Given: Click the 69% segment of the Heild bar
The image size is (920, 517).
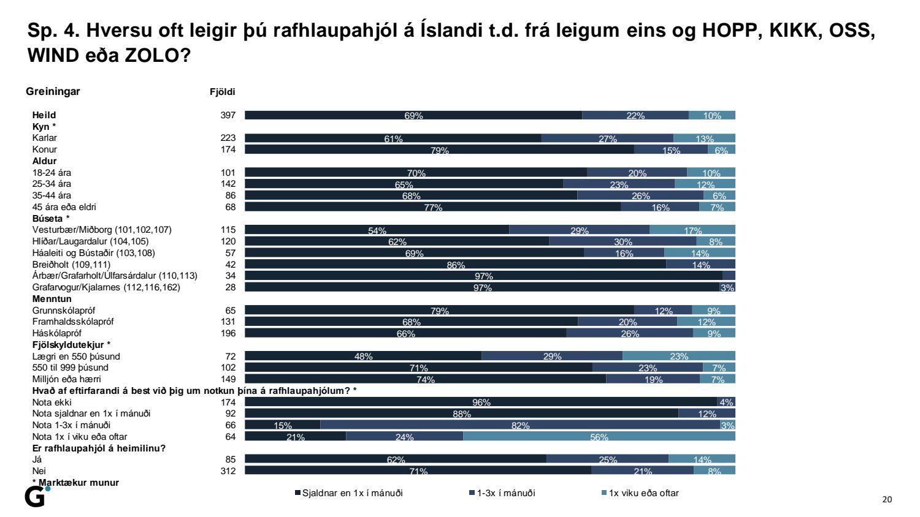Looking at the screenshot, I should pyautogui.click(x=413, y=115).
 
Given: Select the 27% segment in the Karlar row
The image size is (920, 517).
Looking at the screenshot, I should pyautogui.click(x=607, y=138).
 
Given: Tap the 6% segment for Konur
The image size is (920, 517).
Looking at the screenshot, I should pyautogui.click(x=721, y=149).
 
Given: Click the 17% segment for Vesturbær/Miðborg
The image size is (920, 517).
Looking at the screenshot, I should pyautogui.click(x=692, y=230).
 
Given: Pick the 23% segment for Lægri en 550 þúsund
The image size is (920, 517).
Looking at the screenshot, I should pyautogui.click(x=679, y=356).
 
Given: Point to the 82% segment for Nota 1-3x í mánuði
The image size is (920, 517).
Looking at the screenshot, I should pyautogui.click(x=520, y=425).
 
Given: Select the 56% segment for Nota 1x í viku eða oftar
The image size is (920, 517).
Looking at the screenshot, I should pyautogui.click(x=599, y=436).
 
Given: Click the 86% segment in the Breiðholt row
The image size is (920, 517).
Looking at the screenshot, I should pyautogui.click(x=455, y=265).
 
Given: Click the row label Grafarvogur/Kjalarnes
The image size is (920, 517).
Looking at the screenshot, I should pyautogui.click(x=106, y=287).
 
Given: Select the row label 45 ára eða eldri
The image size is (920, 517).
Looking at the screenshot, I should pyautogui.click(x=64, y=207).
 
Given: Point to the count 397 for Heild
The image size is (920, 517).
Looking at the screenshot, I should pyautogui.click(x=228, y=115).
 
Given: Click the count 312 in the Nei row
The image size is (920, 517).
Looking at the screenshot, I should pyautogui.click(x=228, y=470).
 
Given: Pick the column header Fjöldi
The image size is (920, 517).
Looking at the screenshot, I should pyautogui.click(x=223, y=92).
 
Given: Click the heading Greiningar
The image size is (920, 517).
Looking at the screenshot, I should pyautogui.click(x=53, y=91).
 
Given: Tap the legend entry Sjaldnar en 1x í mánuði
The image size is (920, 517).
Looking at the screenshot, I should pyautogui.click(x=349, y=493).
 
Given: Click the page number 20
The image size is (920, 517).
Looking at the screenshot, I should pyautogui.click(x=887, y=500).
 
